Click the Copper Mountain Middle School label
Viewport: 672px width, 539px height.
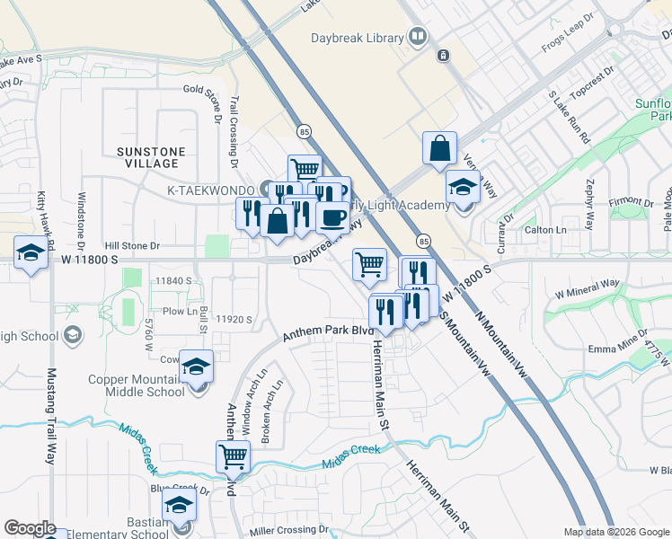click(137, 385)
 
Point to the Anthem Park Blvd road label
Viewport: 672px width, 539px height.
click(328, 332)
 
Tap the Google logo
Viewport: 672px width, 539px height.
click(30, 527)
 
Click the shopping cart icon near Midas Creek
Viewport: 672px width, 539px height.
click(233, 456)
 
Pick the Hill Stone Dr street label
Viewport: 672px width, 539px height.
click(132, 244)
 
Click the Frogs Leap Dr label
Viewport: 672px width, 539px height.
click(569, 31)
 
